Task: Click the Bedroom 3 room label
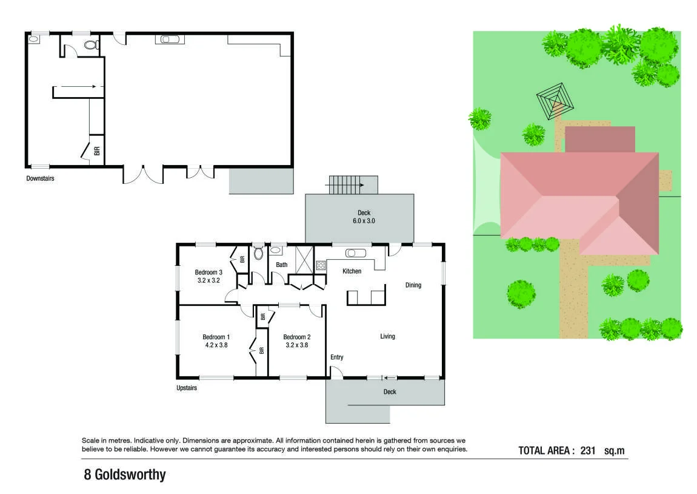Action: [208, 272]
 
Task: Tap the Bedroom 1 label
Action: [216, 337]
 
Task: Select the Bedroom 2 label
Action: [297, 337]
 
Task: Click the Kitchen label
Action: [352, 271]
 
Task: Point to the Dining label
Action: [413, 285]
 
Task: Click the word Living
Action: [388, 336]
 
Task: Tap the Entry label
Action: [337, 357]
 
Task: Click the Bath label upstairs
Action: [282, 265]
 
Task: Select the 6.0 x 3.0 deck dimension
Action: [364, 221]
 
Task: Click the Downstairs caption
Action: [40, 178]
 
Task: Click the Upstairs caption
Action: [187, 388]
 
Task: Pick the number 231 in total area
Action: [588, 450]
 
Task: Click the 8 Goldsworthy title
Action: [125, 475]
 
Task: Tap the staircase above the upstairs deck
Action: [346, 184]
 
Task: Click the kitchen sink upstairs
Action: [356, 253]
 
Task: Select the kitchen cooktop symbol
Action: [321, 266]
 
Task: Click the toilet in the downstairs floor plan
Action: [92, 44]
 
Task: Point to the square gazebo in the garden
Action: [555, 101]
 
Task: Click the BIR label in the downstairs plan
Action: [97, 151]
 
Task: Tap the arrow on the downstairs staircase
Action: [78, 86]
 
